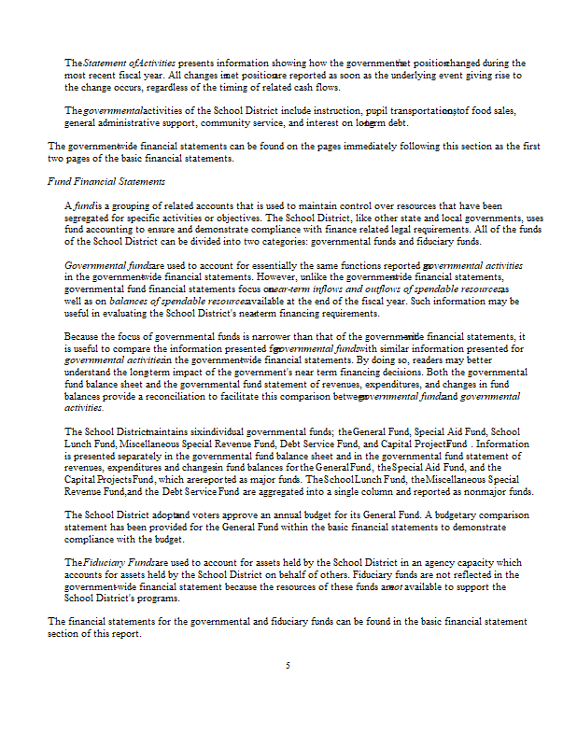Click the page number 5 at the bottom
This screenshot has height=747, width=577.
288,665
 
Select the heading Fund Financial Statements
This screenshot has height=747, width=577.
106,180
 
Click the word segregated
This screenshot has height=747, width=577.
91,216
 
